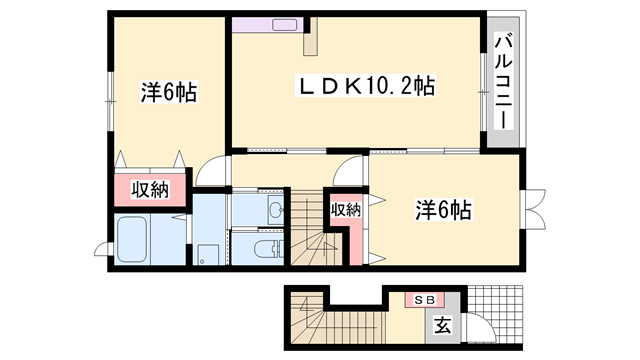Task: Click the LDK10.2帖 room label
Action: pyautogui.click(x=361, y=87)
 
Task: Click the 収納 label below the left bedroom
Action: pyautogui.click(x=149, y=190)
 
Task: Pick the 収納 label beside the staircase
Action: pyautogui.click(x=345, y=209)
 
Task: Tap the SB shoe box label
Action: pyautogui.click(x=419, y=298)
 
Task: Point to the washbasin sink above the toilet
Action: pyautogui.click(x=272, y=209)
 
